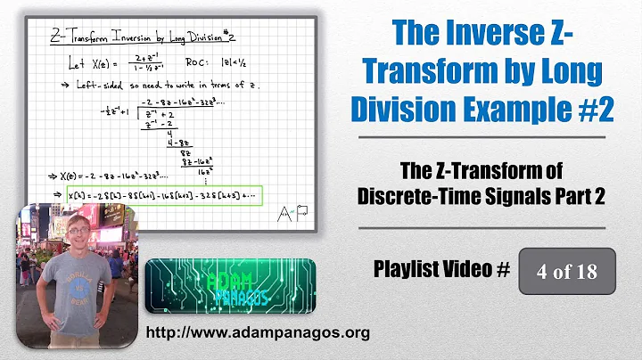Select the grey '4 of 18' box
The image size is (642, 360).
point(568,270)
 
